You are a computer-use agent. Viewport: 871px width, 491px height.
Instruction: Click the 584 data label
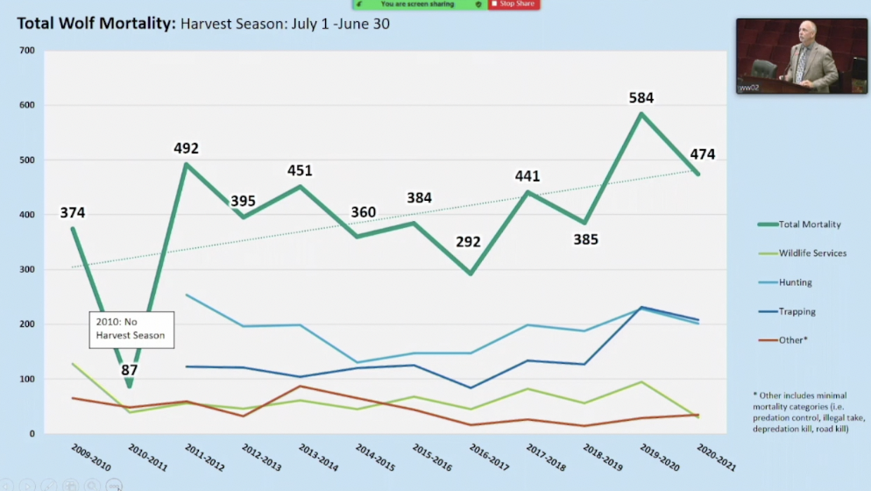641,98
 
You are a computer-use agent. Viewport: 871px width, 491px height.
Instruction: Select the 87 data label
130,371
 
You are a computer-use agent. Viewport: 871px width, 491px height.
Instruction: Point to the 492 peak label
188,149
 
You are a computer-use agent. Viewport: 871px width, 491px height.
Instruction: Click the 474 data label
702,155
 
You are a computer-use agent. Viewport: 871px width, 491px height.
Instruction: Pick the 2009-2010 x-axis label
92,457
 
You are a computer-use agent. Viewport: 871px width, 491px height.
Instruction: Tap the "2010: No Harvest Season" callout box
131,329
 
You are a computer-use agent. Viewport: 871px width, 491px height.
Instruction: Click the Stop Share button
513,4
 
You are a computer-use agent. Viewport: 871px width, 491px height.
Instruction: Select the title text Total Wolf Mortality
96,24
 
